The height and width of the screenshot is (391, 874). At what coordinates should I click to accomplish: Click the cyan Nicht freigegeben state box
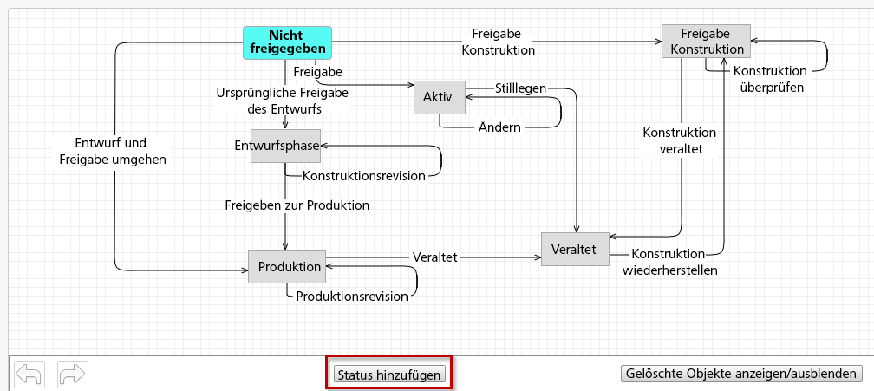click(285, 42)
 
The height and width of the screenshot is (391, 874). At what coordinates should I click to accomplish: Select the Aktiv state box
click(438, 97)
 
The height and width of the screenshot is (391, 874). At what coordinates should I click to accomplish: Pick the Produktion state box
click(289, 267)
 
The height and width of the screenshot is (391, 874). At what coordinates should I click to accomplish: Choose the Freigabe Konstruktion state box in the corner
click(705, 42)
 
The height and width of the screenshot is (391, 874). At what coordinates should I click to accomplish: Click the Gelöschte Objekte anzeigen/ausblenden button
click(741, 374)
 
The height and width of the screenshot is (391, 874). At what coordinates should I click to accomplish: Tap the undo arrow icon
click(29, 374)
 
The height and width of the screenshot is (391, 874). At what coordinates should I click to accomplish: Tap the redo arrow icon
click(72, 374)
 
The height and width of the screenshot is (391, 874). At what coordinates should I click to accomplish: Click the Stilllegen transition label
click(520, 88)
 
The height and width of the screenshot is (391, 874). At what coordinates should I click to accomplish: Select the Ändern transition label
click(499, 127)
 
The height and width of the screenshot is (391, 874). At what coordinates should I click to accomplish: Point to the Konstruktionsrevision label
click(364, 176)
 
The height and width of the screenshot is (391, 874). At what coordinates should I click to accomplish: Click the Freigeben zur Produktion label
click(297, 205)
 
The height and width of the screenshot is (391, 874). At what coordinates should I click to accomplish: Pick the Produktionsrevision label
click(352, 297)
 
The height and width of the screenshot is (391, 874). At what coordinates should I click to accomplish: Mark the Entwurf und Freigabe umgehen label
click(113, 151)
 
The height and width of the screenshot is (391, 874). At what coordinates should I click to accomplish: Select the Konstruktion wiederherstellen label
click(670, 262)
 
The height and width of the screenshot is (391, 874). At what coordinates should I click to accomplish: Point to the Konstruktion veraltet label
click(679, 140)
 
